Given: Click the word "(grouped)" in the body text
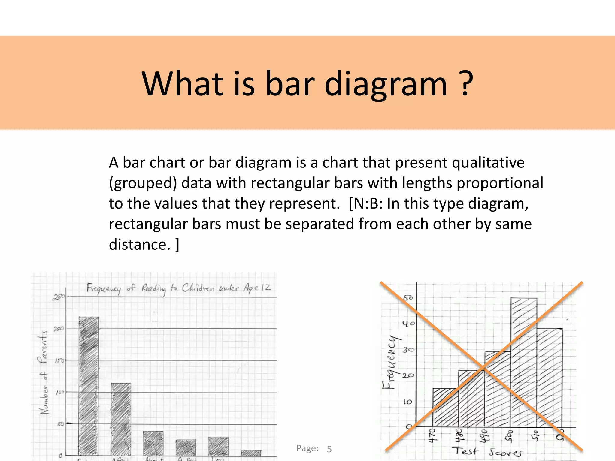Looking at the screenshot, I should tap(143, 183).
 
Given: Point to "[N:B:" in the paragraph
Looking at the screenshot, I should tap(366, 204).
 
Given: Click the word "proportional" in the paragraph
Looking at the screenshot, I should tap(500, 183).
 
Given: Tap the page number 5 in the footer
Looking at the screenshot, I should tap(329, 449).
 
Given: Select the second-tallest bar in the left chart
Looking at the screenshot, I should tap(121, 420).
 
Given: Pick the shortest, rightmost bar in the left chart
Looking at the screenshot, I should tap(251, 453).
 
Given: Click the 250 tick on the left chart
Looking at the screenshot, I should tap(59, 297).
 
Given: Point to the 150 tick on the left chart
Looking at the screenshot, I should tap(59, 360).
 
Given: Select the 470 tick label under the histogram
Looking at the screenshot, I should tap(432, 436).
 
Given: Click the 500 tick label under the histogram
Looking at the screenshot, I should tap(510, 436).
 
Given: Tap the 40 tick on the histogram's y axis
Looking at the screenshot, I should tap(408, 324).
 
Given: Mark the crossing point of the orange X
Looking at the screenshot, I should tap(483, 367).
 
